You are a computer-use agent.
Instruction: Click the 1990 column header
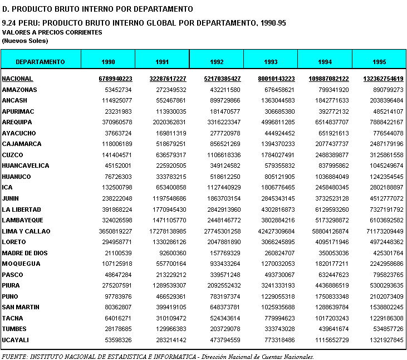tap(109, 61)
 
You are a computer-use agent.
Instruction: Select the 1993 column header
tap(271, 61)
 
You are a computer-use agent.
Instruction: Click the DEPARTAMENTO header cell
tap(40, 61)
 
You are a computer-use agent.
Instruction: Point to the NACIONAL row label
tap(17, 79)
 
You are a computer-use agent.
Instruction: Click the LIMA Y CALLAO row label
tap(26, 231)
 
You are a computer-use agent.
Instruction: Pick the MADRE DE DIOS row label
tap(26, 253)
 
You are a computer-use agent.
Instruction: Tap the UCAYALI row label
tap(16, 340)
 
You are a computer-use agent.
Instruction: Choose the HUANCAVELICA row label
tap(26, 166)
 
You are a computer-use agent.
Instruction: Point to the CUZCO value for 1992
tap(224, 155)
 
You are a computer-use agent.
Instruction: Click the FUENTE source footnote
tap(158, 356)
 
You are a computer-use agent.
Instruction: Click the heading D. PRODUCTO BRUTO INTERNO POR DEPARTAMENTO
tap(98, 9)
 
